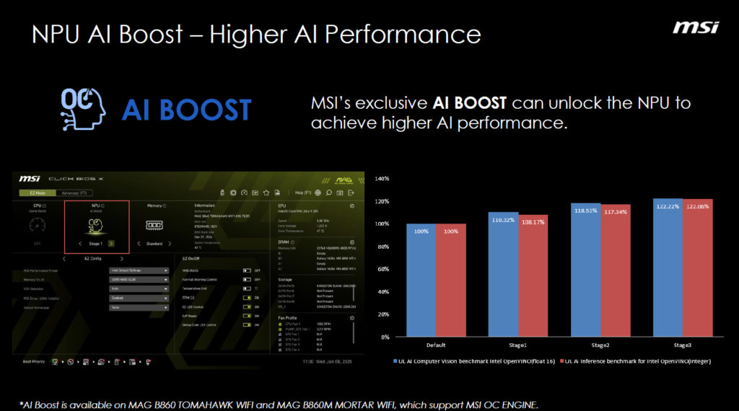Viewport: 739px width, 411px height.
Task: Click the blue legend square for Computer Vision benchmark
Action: pyautogui.click(x=396, y=360)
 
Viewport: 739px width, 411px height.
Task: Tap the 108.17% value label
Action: pyautogui.click(x=533, y=222)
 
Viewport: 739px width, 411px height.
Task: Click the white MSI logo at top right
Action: pyautogui.click(x=696, y=27)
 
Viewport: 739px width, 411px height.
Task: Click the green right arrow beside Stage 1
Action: pyautogui.click(x=111, y=244)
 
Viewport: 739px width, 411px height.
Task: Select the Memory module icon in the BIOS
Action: pyautogui.click(x=154, y=225)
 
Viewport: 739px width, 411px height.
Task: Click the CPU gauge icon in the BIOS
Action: pyautogui.click(x=38, y=226)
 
